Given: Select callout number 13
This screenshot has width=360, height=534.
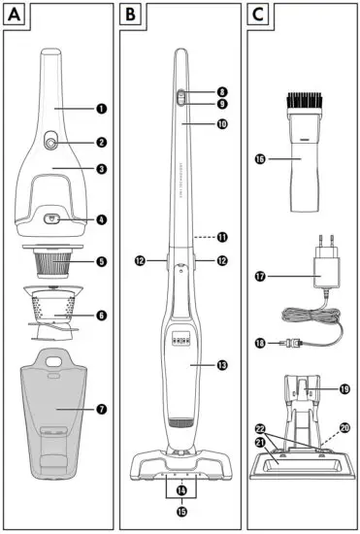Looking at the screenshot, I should pos(222,365).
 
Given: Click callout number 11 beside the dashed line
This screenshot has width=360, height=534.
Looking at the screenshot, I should pos(222,237).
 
